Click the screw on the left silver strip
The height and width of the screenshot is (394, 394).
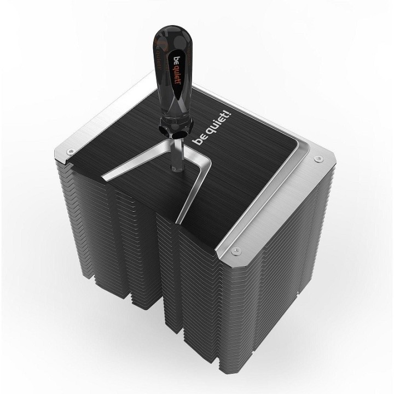[71, 151]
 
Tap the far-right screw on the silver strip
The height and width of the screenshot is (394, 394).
[319, 159]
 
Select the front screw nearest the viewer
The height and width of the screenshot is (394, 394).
[236, 250]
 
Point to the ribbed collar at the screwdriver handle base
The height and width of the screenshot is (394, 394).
[175, 126]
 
